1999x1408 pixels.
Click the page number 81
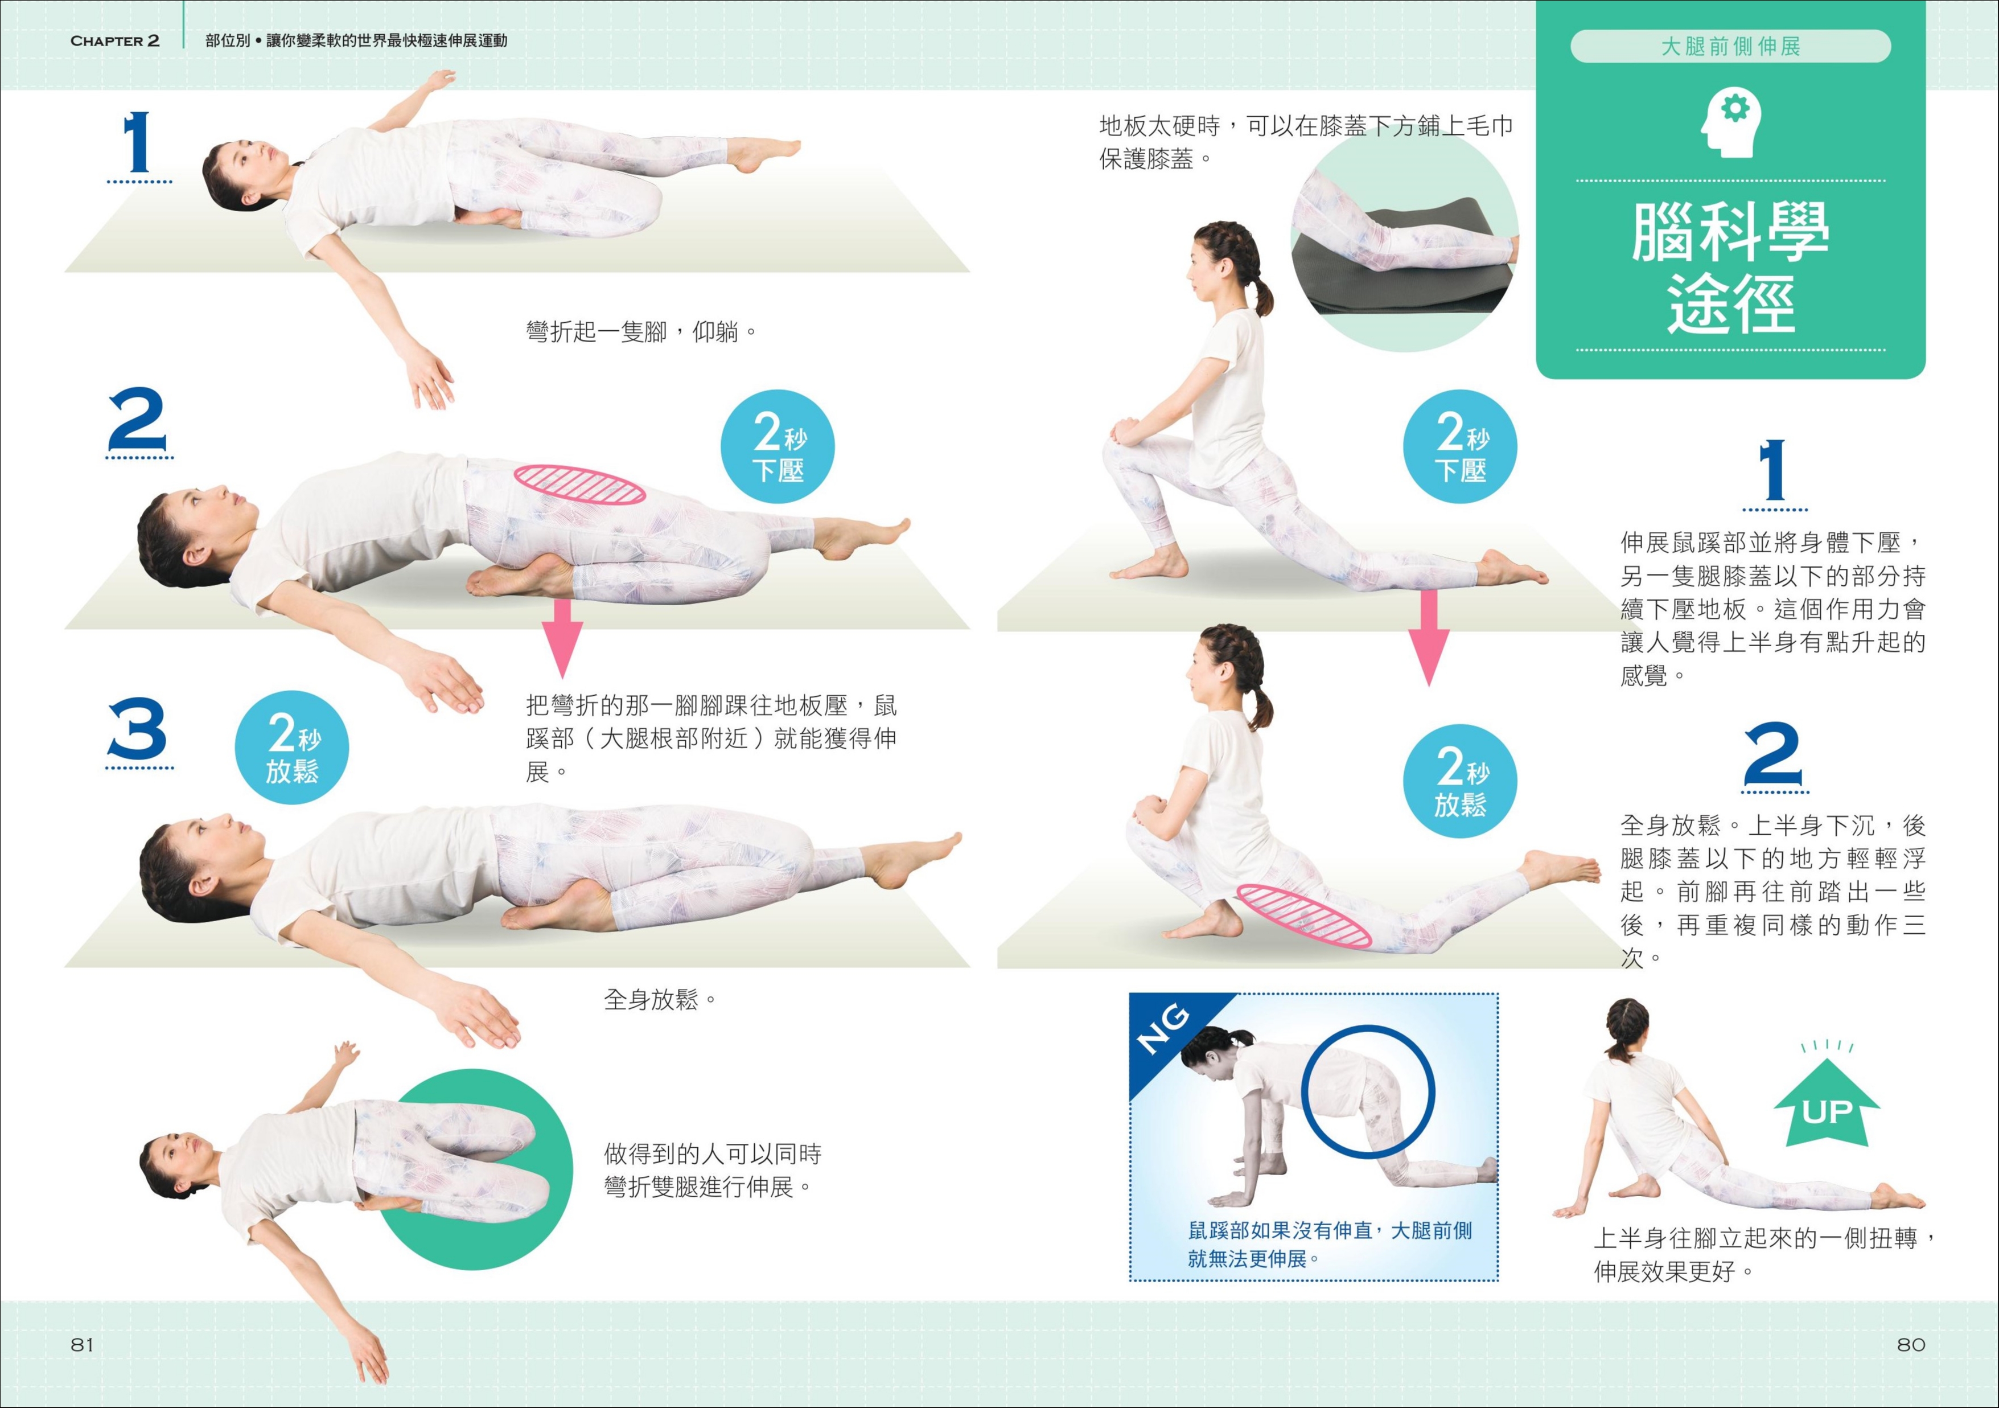click(82, 1344)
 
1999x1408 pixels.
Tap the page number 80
click(1911, 1344)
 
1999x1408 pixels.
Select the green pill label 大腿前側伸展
click(1731, 46)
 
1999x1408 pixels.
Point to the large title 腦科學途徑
click(1731, 268)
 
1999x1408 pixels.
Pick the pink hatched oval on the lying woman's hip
click(580, 484)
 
